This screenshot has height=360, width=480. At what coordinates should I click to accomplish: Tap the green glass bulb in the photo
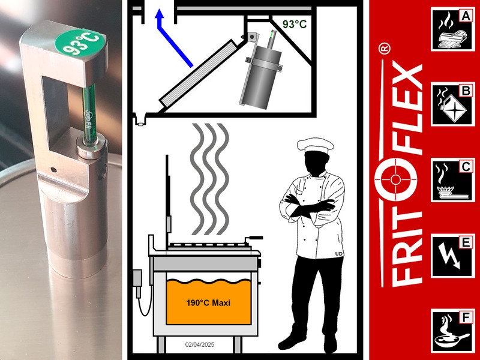89,113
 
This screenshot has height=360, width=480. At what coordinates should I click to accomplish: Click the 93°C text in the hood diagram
294,24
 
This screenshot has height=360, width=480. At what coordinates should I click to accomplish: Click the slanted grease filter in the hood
200,73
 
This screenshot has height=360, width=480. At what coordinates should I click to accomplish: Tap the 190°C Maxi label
208,303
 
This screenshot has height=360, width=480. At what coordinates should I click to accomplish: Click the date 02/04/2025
200,344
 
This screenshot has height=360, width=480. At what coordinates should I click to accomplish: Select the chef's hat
316,145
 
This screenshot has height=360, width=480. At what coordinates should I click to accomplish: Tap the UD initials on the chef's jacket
338,254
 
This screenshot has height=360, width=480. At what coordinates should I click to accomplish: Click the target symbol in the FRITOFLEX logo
395,179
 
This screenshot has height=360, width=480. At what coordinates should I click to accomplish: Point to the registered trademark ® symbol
385,49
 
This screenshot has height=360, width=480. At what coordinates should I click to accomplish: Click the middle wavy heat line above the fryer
210,179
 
